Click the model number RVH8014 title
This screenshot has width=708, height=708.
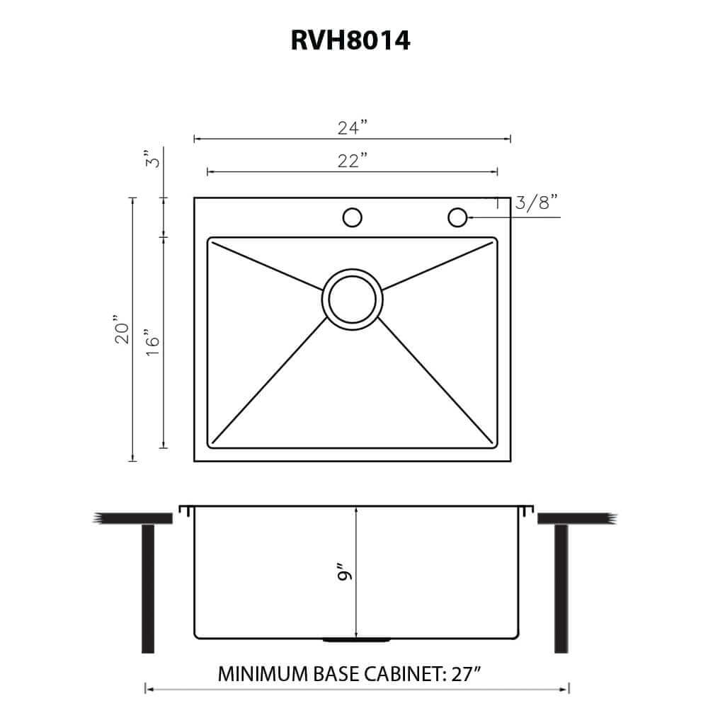[x=351, y=40]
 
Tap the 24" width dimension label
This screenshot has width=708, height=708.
[x=352, y=128]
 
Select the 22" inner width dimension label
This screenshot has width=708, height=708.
[x=352, y=161]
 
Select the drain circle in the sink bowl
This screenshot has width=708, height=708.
[x=352, y=298]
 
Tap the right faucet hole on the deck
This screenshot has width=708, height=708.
[x=457, y=217]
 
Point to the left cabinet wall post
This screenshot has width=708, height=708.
[x=148, y=588]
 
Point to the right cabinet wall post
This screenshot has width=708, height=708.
[x=561, y=588]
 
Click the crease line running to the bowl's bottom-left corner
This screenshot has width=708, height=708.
[x=269, y=382]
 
